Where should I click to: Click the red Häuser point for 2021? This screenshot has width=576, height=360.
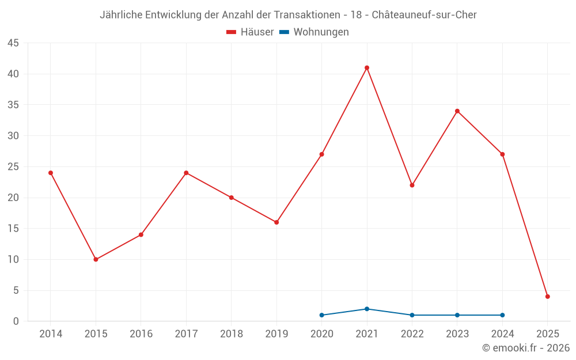click(367, 68)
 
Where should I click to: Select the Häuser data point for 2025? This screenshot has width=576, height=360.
click(548, 297)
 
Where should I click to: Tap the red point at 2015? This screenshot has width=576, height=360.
click(96, 259)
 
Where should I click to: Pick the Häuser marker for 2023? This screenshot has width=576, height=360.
click(457, 111)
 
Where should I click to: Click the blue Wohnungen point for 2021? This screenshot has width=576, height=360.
click(367, 309)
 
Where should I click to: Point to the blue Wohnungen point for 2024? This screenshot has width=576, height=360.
click(502, 315)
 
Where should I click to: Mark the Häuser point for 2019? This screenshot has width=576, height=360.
click(276, 222)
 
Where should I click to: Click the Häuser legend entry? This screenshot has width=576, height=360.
click(250, 32)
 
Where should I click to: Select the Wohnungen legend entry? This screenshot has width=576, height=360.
click(314, 32)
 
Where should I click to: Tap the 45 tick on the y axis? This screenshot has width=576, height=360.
click(13, 43)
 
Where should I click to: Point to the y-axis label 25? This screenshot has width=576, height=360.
click(13, 167)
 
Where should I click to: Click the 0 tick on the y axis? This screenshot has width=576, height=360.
click(16, 321)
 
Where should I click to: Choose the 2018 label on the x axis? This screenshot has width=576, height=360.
click(232, 334)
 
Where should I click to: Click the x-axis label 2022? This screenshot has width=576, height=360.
click(412, 334)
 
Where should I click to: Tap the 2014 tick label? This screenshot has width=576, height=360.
click(51, 334)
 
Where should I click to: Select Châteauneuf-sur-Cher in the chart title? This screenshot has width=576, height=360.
click(425, 15)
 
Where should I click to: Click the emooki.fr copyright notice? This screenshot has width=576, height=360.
click(526, 348)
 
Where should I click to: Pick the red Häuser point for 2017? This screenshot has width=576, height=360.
click(186, 173)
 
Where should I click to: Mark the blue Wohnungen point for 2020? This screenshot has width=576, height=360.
click(321, 315)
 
